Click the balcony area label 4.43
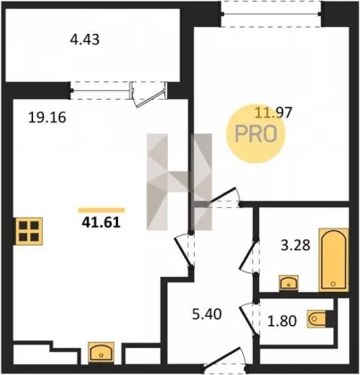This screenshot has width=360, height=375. click(85, 39)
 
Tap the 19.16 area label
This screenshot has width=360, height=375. click(47, 118)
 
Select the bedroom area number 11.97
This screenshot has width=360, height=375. click(274, 112)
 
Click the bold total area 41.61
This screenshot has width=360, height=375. click(101, 222)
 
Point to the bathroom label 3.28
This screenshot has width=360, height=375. click(296, 246)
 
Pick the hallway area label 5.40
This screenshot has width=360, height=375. click(207, 314)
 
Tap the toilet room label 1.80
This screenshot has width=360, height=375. click(282, 321)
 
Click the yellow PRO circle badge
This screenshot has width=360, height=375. click(255, 134)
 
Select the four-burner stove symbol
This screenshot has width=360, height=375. click(29, 231)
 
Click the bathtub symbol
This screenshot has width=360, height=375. click(333, 260)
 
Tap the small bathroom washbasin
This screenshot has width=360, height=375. click(289, 283)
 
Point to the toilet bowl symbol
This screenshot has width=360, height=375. click(317, 319)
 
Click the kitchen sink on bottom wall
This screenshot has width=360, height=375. click(101, 354)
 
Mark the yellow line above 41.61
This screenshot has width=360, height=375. click(101, 211)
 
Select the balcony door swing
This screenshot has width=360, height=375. click(148, 96)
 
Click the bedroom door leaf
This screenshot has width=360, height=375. click(222, 196)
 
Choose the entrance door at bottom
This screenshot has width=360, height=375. click(223, 359)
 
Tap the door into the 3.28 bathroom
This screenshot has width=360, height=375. click(247, 256)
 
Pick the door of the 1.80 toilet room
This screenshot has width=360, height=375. click(247, 319)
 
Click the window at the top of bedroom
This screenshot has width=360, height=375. click(271, 13)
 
